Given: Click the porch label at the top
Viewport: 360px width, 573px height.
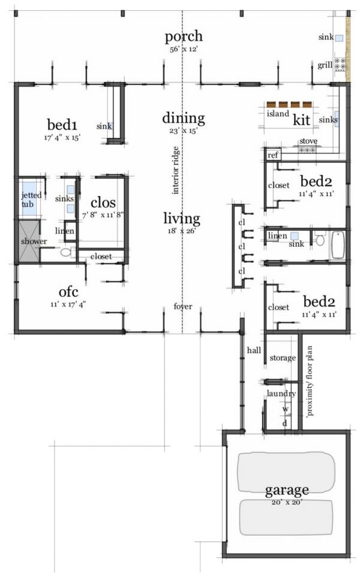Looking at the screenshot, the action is pyautogui.click(x=184, y=37).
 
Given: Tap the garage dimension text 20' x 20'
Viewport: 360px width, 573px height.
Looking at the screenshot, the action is pyautogui.click(x=287, y=502).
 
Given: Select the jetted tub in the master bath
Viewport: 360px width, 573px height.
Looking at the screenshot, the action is pyautogui.click(x=29, y=199).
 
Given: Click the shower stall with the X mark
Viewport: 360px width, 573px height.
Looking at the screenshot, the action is pyautogui.click(x=29, y=241).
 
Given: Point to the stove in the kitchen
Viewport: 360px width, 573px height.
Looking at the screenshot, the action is pyautogui.click(x=307, y=149).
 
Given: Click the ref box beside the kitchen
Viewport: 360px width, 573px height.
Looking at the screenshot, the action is pyautogui.click(x=272, y=155).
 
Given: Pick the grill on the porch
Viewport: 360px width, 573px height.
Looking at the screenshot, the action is pyautogui.click(x=341, y=64).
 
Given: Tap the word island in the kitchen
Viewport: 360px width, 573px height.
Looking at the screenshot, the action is pyautogui.click(x=278, y=113).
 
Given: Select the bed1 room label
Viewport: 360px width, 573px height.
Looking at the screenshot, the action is pyautogui.click(x=62, y=125).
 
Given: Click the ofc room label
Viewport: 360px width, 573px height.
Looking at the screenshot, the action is pyautogui.click(x=69, y=292).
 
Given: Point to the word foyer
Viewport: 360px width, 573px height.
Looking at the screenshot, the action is pyautogui.click(x=183, y=306).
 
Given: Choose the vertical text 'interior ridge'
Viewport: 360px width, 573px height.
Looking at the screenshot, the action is pyautogui.click(x=175, y=170).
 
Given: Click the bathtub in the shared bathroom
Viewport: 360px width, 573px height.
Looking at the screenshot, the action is pyautogui.click(x=338, y=244).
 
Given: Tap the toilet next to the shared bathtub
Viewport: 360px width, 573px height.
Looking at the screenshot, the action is pyautogui.click(x=320, y=239).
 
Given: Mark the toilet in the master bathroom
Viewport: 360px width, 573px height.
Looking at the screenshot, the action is pyautogui.click(x=66, y=252).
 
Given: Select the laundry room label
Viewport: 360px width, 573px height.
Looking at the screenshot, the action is pyautogui.click(x=281, y=394).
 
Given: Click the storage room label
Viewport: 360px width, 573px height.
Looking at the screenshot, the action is pyautogui.click(x=283, y=358).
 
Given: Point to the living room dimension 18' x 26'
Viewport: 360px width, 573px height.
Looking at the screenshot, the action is pyautogui.click(x=182, y=231).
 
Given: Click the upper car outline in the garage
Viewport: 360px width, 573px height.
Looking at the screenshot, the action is pyautogui.click(x=286, y=473).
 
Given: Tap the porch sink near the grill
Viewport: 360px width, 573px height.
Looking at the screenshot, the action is pyautogui.click(x=340, y=38).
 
